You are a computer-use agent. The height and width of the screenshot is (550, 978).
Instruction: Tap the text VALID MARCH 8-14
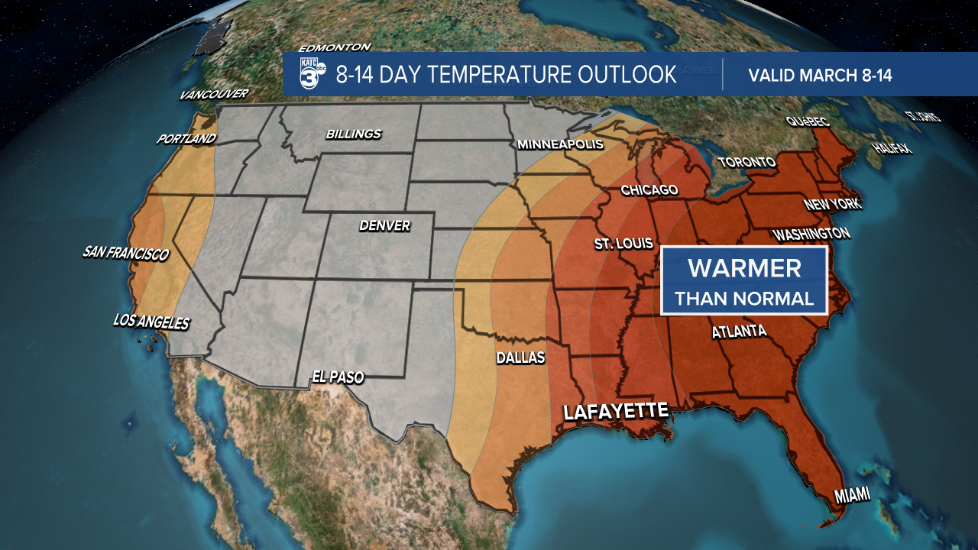point(820,76)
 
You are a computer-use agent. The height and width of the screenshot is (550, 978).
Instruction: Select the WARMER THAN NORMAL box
point(744,280)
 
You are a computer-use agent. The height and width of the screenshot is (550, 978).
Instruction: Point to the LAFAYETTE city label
point(615,411)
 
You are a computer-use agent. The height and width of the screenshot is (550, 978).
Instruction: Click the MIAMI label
point(852,497)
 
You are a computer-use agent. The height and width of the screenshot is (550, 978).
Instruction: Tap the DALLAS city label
point(520,357)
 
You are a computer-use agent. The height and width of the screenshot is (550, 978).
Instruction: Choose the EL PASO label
point(338,377)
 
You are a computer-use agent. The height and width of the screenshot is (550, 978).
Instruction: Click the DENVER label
point(385,225)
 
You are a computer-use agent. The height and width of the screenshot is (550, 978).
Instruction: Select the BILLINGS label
point(353,134)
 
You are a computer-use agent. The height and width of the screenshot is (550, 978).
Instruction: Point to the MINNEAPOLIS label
point(560,144)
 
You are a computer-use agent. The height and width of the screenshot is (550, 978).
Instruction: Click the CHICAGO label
point(649,189)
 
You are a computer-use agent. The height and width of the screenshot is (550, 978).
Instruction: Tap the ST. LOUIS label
point(624,244)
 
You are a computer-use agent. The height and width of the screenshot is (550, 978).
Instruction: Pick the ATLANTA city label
point(739,332)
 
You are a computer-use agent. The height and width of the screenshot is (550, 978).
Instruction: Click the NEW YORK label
point(832,205)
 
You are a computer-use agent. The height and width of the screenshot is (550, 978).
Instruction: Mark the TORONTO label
point(746,162)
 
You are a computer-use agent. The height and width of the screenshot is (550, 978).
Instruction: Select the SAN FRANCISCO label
point(126,253)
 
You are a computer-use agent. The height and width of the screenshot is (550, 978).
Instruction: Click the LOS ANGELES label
point(151,322)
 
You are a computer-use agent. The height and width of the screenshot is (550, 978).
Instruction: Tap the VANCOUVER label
point(214,95)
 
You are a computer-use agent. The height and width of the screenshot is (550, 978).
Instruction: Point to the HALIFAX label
point(893,148)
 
